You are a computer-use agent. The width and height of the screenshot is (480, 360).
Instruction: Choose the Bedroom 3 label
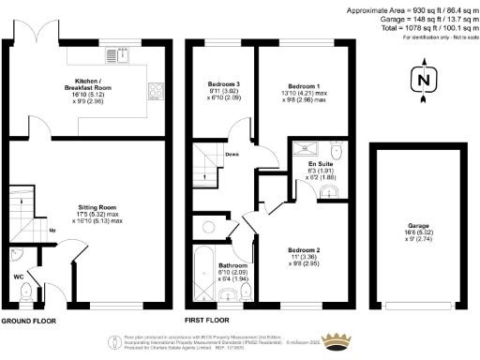[223, 89]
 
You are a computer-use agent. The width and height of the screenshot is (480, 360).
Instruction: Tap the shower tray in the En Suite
[304, 148]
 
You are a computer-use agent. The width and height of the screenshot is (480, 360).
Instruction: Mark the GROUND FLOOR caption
[27, 320]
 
